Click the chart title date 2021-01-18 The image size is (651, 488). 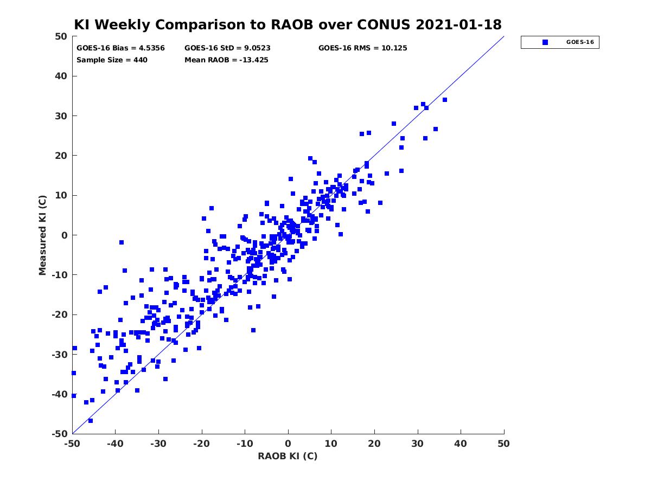tap(458, 24)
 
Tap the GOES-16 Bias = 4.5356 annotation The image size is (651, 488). tap(120, 48)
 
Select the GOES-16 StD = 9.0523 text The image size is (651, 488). tap(227, 48)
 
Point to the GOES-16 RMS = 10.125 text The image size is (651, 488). tap(362, 48)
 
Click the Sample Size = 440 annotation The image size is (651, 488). tap(112, 60)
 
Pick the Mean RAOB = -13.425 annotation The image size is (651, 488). tap(226, 60)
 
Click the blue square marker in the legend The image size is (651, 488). tap(545, 42)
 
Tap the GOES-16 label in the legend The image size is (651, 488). tap(580, 42)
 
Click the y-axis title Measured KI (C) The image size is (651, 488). tap(42, 235)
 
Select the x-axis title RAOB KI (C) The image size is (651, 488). tap(288, 456)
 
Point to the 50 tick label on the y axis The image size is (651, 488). tap(61, 36)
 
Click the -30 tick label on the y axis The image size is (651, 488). tap(60, 355)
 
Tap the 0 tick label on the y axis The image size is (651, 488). tap(65, 235)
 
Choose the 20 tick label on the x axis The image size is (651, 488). tap(374, 444)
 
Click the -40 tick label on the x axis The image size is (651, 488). tap(116, 444)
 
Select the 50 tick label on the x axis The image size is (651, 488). tap(503, 444)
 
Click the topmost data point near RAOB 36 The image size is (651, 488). tap(444, 100)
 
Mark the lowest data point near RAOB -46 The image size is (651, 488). tap(91, 421)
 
